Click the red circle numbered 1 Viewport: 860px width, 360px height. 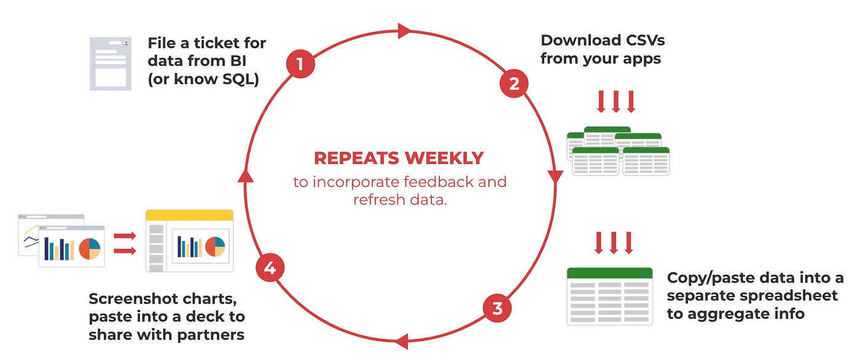point(300,65)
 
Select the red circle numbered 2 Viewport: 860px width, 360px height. point(514,84)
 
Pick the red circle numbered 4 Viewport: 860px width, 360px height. point(270,269)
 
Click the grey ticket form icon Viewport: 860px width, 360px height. point(109,64)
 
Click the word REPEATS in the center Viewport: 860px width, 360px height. point(354,158)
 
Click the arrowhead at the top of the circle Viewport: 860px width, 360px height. point(404,30)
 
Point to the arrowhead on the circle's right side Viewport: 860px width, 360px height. point(556,178)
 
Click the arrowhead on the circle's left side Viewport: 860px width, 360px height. point(246,176)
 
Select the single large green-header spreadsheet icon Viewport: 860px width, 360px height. point(609,295)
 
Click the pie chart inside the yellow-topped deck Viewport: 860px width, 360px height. point(214,246)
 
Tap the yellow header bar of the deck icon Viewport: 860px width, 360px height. point(189,215)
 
